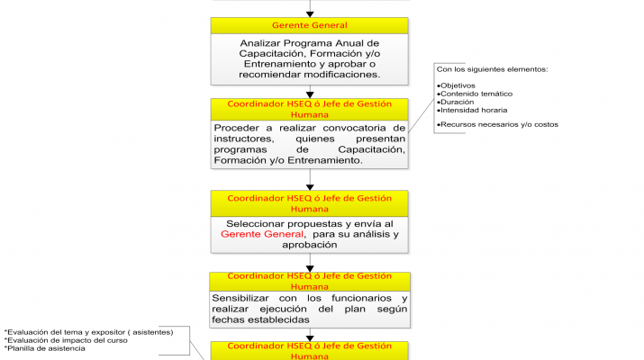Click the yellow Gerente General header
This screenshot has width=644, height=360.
(x=310, y=25)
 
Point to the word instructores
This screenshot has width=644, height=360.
(x=246, y=139)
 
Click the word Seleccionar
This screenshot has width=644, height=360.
(x=260, y=222)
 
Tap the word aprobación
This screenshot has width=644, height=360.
(x=310, y=244)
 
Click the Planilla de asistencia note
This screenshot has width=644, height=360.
(x=45, y=348)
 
